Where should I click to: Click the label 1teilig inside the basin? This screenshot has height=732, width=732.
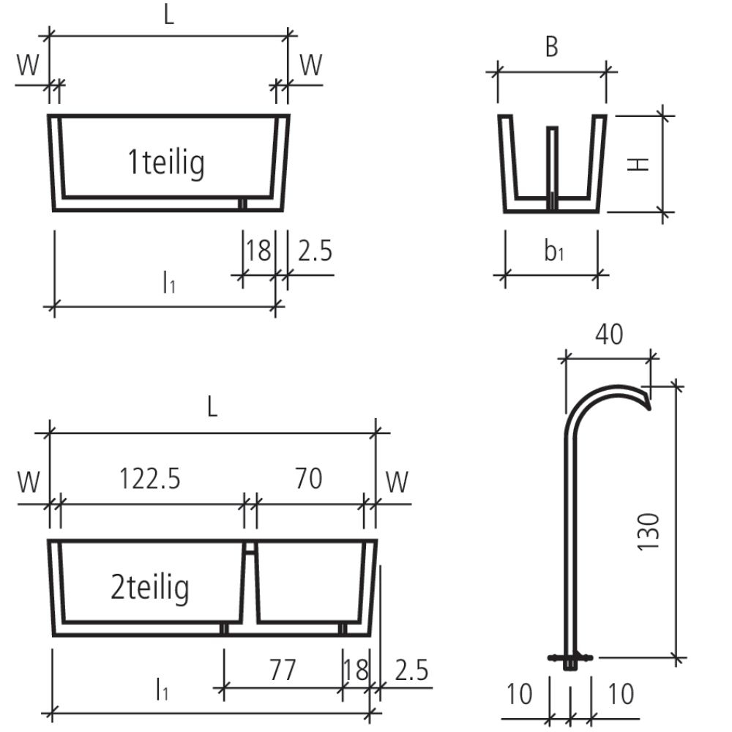coord(166,163)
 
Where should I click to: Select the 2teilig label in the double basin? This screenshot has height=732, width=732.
coord(150,587)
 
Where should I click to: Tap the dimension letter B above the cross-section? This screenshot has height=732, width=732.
coord(552,47)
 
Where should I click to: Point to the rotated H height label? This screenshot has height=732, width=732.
coord(639,164)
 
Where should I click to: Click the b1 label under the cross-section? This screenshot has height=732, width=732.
coord(553,251)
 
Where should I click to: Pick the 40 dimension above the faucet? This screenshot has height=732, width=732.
coord(608,334)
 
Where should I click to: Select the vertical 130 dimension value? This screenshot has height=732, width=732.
coord(649,531)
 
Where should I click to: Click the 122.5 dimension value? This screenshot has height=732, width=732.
coord(150,479)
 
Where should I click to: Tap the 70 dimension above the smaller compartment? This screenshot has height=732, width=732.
coord(308,479)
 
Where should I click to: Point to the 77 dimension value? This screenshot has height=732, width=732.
coord(282,669)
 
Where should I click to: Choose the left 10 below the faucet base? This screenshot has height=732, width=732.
coord(519,694)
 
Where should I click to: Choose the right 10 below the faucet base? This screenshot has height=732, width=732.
coord(621,694)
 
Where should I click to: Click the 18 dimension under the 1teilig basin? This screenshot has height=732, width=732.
coord(258,250)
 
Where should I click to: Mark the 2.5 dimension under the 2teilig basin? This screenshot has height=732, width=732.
coord(411,671)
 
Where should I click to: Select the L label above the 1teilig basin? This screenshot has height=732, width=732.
coord(169,16)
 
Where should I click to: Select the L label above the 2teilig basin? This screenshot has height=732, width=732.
coord(212,408)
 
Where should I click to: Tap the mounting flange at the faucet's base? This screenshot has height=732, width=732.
coord(569,657)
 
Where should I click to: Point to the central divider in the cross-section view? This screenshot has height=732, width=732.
coord(553,165)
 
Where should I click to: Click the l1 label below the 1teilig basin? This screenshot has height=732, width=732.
coord(169,282)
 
